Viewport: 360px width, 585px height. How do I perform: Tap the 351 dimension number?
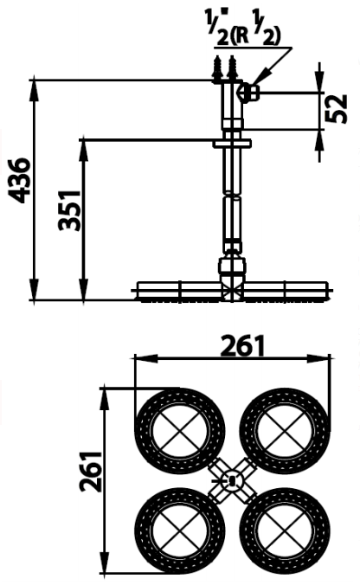tap(69, 210)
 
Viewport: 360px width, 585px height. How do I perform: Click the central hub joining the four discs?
tap(231, 479)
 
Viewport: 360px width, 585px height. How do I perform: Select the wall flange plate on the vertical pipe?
tap(232, 143)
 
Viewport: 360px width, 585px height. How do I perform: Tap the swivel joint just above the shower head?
tap(232, 260)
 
